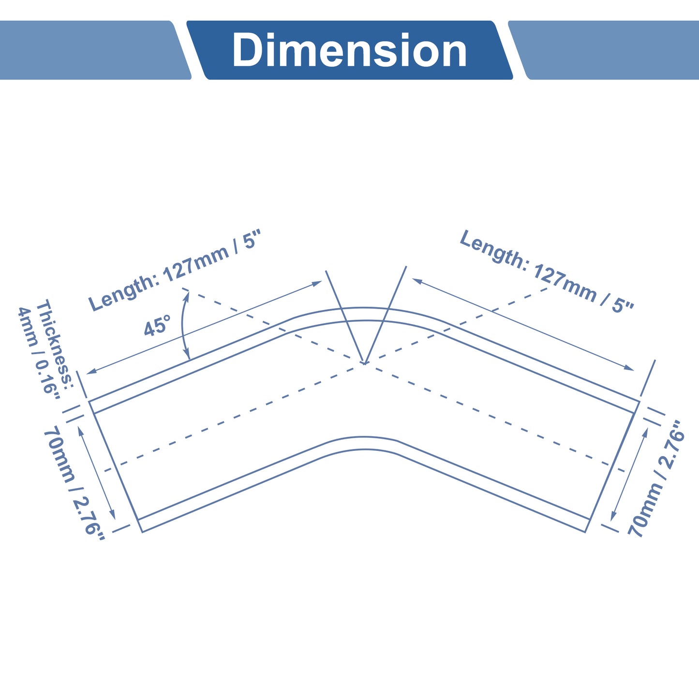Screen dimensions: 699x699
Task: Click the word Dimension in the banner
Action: click(349, 50)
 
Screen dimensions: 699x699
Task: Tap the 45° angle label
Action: click(157, 326)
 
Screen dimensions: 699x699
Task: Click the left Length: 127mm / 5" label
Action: click(175, 270)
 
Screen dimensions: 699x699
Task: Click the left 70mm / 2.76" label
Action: click(74, 482)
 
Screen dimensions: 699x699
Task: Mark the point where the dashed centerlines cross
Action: click(364, 363)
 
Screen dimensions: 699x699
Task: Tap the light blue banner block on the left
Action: click(95, 50)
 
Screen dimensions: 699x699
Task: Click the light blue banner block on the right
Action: click(604, 50)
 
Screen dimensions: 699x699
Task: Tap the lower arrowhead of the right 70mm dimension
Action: click(613, 516)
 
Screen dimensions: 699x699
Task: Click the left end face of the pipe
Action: click(115, 466)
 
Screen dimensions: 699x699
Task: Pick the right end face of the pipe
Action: click(612, 466)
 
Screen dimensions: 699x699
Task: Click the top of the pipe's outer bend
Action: click(364, 308)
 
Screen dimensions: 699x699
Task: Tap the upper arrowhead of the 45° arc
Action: click(187, 297)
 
